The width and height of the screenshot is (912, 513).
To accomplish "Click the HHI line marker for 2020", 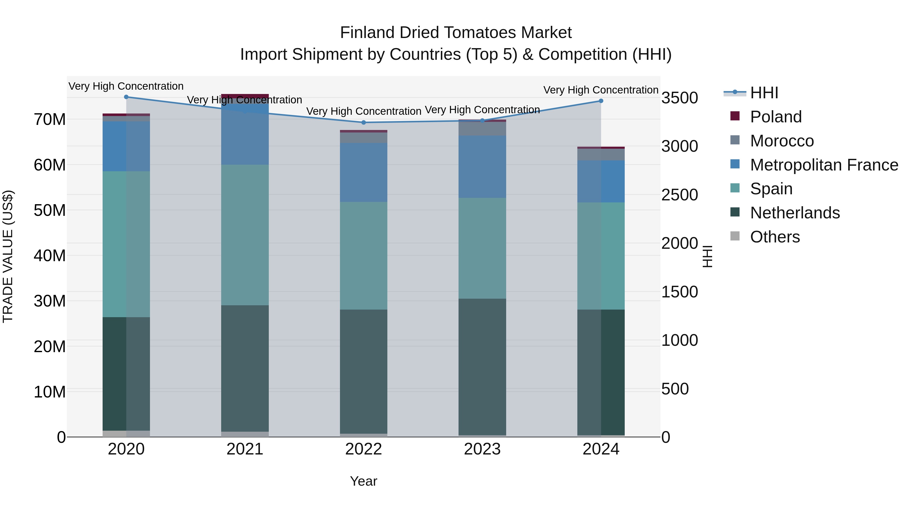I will [126, 97].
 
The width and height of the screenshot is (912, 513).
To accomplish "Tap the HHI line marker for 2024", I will [601, 101].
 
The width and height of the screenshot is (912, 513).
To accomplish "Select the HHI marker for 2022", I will [364, 123].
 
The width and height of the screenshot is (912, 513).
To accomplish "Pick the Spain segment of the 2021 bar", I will [245, 235].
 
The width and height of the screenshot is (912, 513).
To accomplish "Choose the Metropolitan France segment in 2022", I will [364, 173].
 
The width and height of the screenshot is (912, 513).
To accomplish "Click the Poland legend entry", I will [775, 117].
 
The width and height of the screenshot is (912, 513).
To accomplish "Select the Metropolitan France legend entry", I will [824, 165].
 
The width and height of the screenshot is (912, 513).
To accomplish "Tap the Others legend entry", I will [775, 237].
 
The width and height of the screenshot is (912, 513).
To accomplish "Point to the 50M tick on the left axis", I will [50, 210].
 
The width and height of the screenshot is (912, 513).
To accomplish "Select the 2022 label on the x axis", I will [364, 449].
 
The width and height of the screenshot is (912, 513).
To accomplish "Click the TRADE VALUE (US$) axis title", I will [8, 256].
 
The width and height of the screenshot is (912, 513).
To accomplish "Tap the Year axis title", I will [364, 481].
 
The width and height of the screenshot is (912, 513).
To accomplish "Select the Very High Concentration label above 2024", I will [601, 90].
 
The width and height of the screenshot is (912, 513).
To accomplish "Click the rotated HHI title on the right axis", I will [707, 256].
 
